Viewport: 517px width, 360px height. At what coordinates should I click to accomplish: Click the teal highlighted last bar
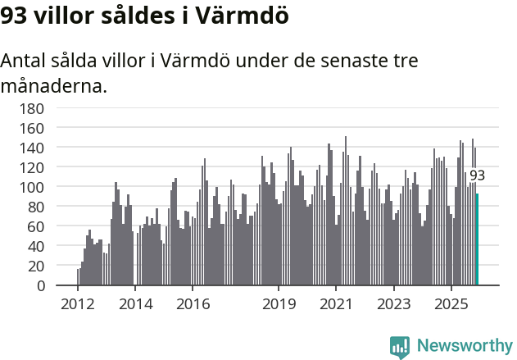[477, 239]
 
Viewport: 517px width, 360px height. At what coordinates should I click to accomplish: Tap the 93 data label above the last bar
[477, 175]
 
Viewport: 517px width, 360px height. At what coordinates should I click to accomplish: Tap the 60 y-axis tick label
[35, 226]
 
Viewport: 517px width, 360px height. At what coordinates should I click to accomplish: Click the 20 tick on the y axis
[35, 266]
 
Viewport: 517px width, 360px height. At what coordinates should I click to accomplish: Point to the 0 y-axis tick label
[39, 285]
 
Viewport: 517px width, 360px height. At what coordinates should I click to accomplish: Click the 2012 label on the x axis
[78, 304]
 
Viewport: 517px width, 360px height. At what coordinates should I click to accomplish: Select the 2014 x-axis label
[135, 304]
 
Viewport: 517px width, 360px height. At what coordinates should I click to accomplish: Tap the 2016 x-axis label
[193, 304]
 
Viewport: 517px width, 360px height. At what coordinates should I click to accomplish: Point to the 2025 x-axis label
[451, 304]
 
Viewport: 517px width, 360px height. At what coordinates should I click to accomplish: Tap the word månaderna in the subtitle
[54, 85]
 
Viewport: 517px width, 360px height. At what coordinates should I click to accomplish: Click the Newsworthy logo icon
[400, 347]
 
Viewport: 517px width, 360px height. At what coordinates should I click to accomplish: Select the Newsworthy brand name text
[465, 346]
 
